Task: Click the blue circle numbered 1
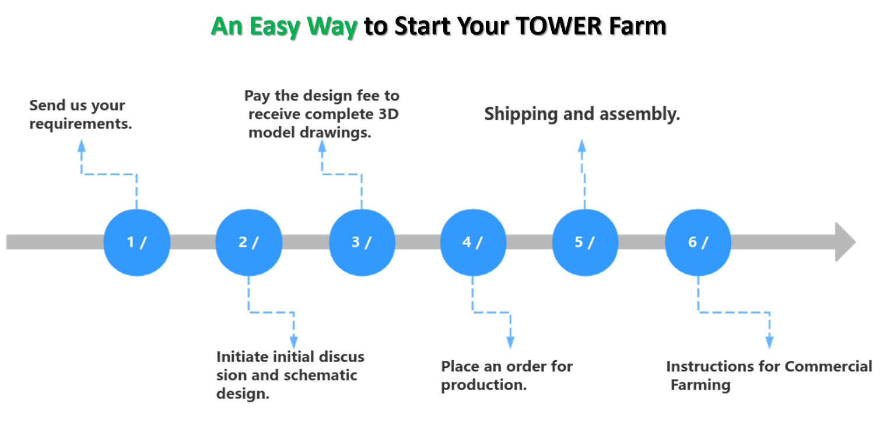point(137,242)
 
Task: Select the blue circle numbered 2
point(248,242)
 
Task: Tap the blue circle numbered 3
point(362,242)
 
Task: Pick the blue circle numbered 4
point(473,242)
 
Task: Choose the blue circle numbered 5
point(585,242)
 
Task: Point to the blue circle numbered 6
point(698,242)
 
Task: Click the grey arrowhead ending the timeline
point(845,242)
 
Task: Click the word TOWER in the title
point(559,26)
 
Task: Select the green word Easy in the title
point(275,27)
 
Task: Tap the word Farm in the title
point(637,26)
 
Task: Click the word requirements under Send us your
point(80,124)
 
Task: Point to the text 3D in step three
point(388,114)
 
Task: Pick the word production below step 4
point(483,385)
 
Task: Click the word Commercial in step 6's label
point(828,367)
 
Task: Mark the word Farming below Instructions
point(700,385)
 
